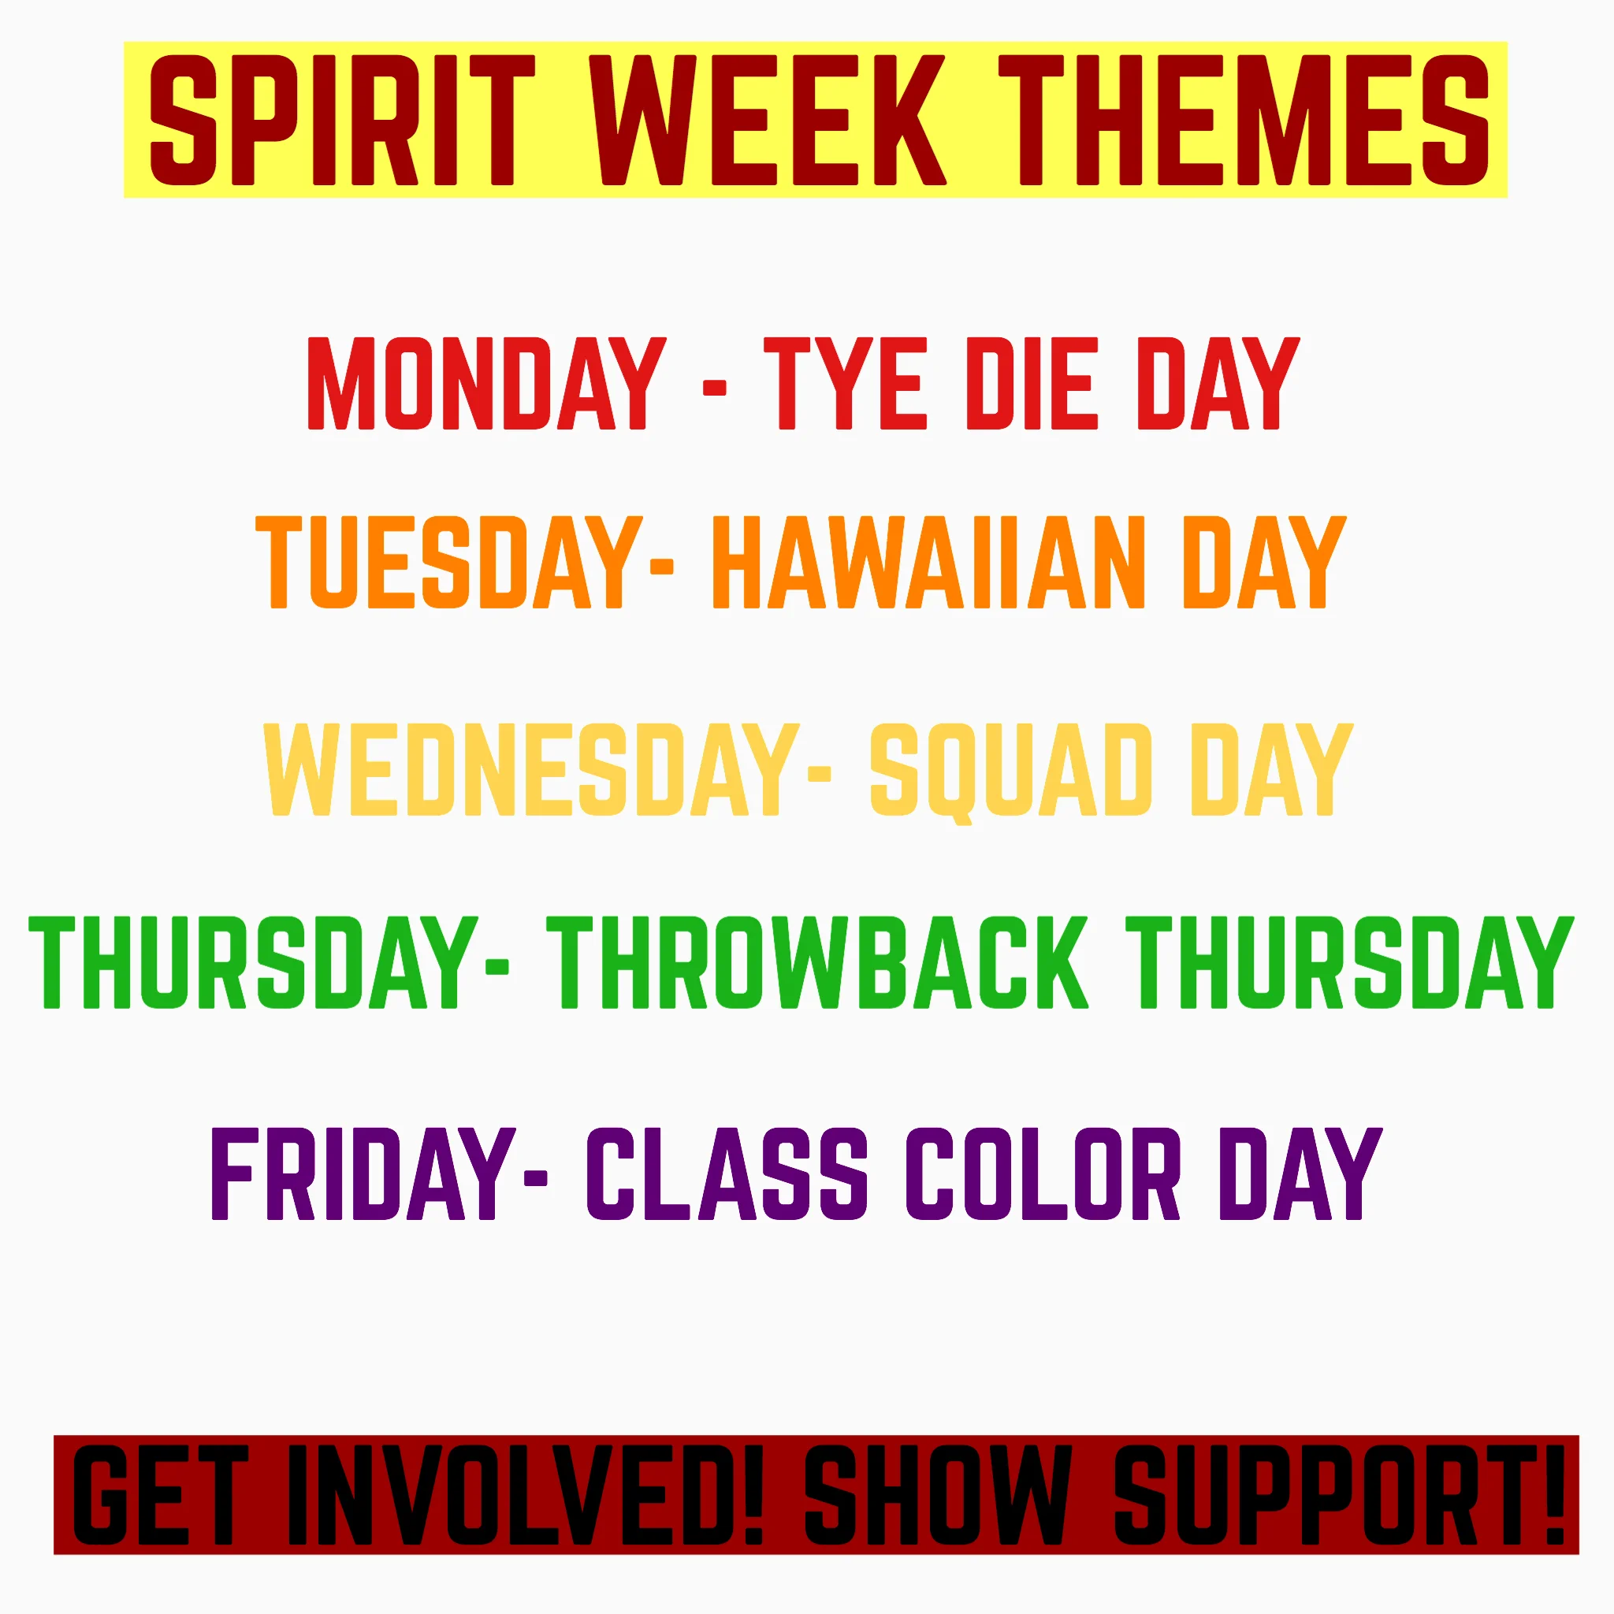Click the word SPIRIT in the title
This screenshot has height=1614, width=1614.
coord(343,120)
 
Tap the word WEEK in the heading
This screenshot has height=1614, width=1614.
coord(767,120)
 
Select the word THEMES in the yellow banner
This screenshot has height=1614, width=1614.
coord(1243,120)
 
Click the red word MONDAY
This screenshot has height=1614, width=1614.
coord(487,384)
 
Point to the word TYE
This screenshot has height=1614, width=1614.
coord(845,384)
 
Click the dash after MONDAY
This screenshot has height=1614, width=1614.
coord(714,388)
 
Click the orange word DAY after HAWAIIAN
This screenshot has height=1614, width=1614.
coord(1264,561)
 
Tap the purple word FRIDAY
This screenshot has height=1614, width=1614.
coord(363,1173)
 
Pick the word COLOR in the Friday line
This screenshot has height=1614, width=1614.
coord(1043,1173)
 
